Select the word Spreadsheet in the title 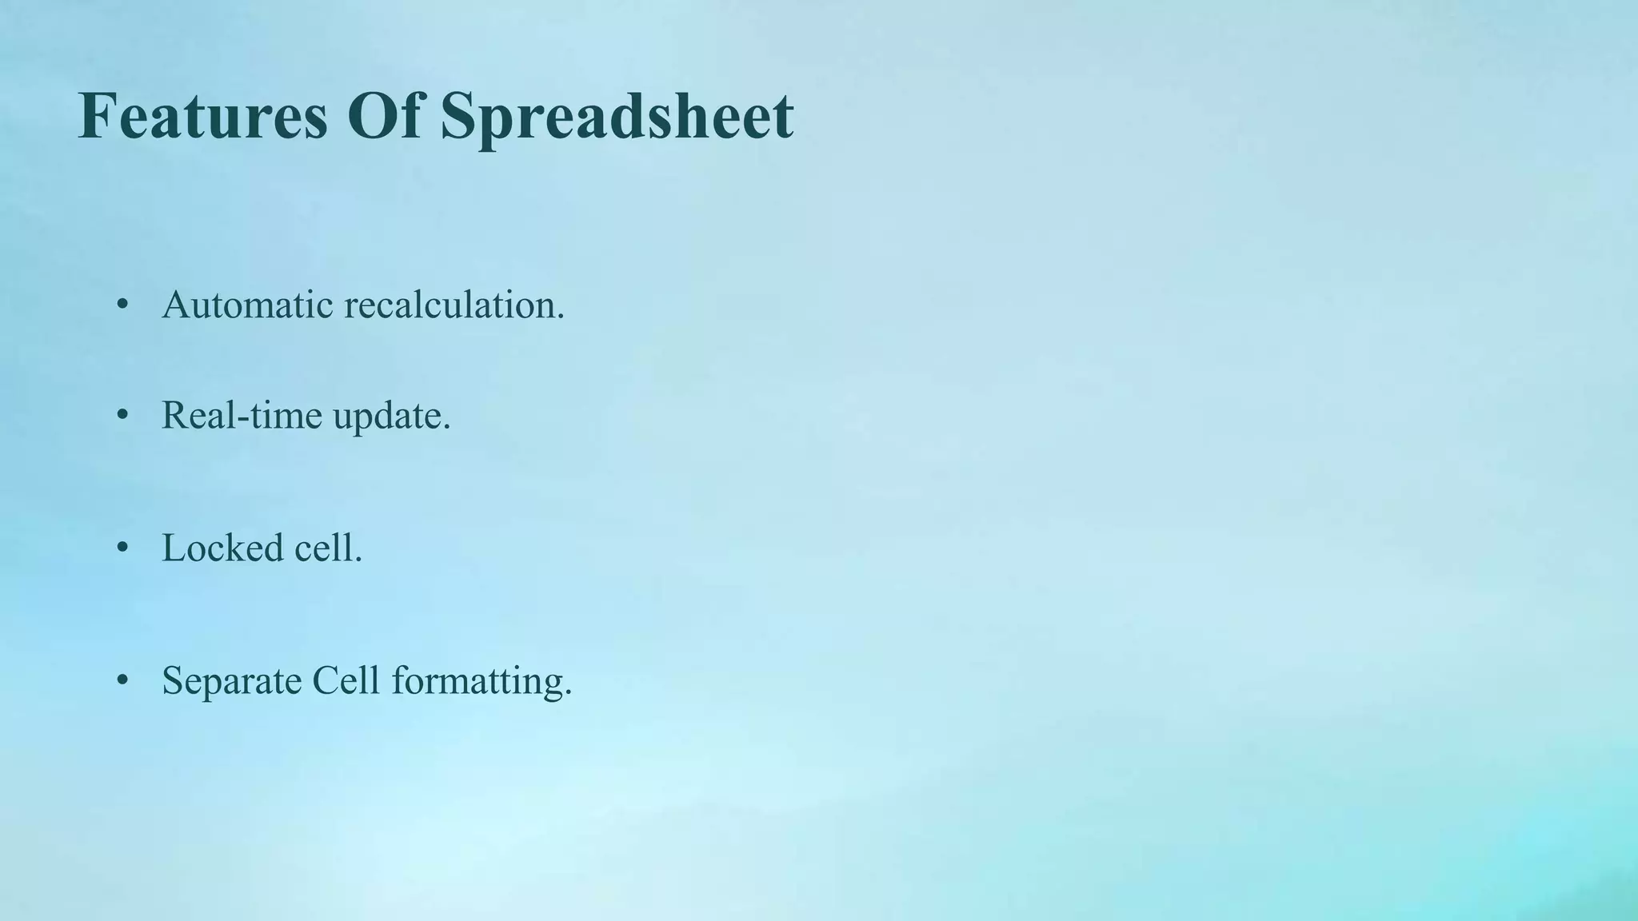click(616, 117)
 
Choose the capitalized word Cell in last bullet click(346, 680)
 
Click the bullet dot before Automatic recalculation click(122, 305)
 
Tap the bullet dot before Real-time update click(122, 415)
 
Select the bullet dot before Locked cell click(122, 548)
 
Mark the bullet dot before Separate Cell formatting click(122, 680)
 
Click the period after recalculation click(561, 317)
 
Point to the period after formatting click(569, 693)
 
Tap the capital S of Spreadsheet click(458, 117)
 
